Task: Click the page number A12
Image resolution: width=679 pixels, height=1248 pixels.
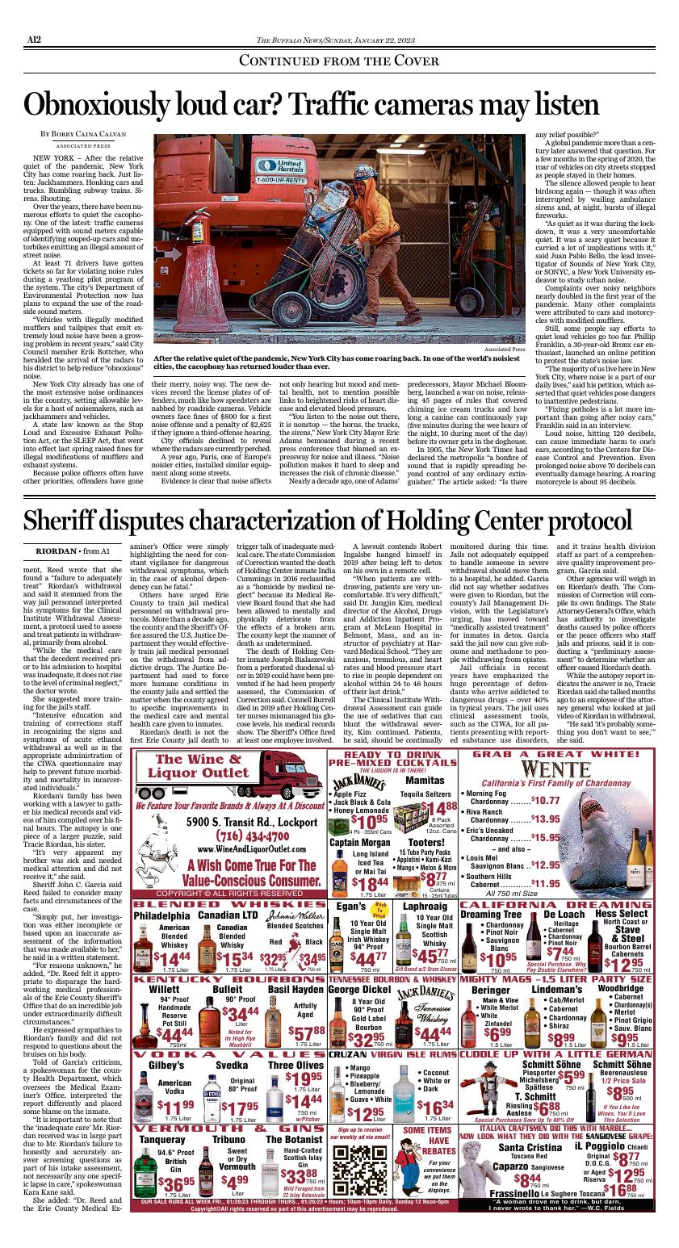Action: pos(35,37)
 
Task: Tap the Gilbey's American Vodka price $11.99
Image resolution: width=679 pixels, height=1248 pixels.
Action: pos(175,1106)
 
